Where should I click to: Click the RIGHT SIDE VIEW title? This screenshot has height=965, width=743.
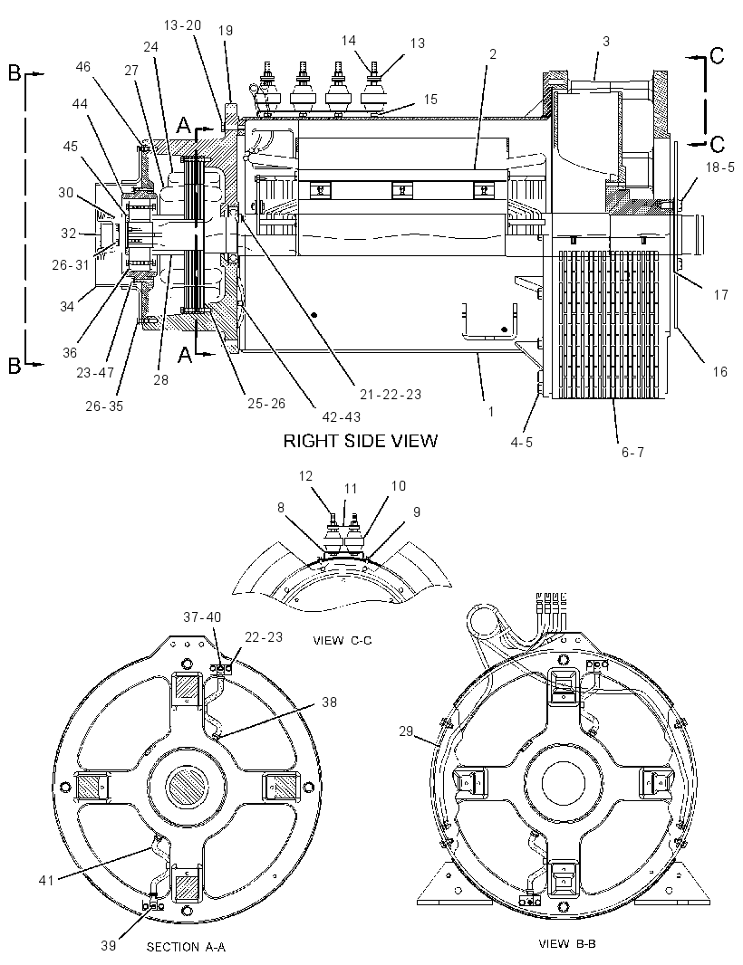pyautogui.click(x=361, y=441)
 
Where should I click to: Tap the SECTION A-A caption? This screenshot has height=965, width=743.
pyautogui.click(x=186, y=947)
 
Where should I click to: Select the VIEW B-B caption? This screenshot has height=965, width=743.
pyautogui.click(x=567, y=943)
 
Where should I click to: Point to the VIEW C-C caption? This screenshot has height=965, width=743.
pyautogui.click(x=343, y=641)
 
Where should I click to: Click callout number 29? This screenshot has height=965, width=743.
pyautogui.click(x=406, y=731)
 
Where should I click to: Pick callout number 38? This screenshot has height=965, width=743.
pyautogui.click(x=330, y=702)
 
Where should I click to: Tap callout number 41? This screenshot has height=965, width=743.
pyautogui.click(x=47, y=880)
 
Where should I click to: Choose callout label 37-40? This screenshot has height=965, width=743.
pyautogui.click(x=202, y=616)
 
